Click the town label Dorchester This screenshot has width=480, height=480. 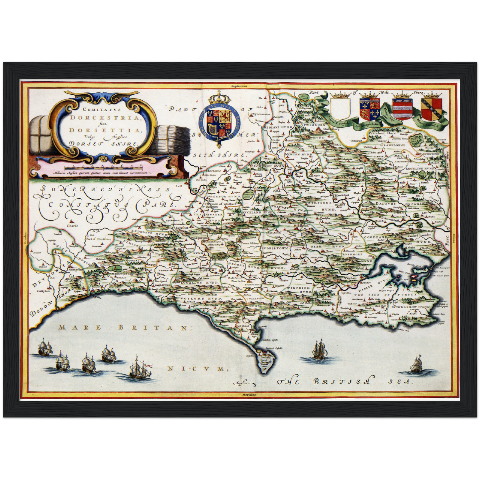(x=238, y=280)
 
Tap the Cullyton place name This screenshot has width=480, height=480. (x=43, y=290)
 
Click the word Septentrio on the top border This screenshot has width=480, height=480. (x=240, y=85)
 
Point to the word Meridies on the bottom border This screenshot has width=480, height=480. (x=240, y=395)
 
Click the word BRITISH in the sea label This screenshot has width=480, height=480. (x=342, y=382)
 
